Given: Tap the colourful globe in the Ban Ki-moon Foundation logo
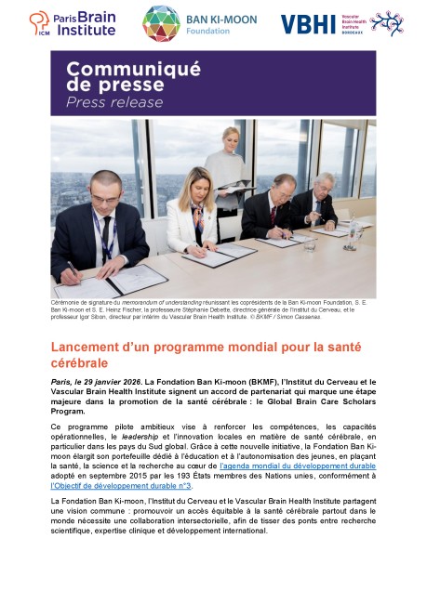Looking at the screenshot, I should click(x=161, y=23).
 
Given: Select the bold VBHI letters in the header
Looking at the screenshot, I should click(x=304, y=24).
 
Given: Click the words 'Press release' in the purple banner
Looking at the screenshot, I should click(x=113, y=101).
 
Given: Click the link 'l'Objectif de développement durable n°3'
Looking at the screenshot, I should click(x=121, y=485).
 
